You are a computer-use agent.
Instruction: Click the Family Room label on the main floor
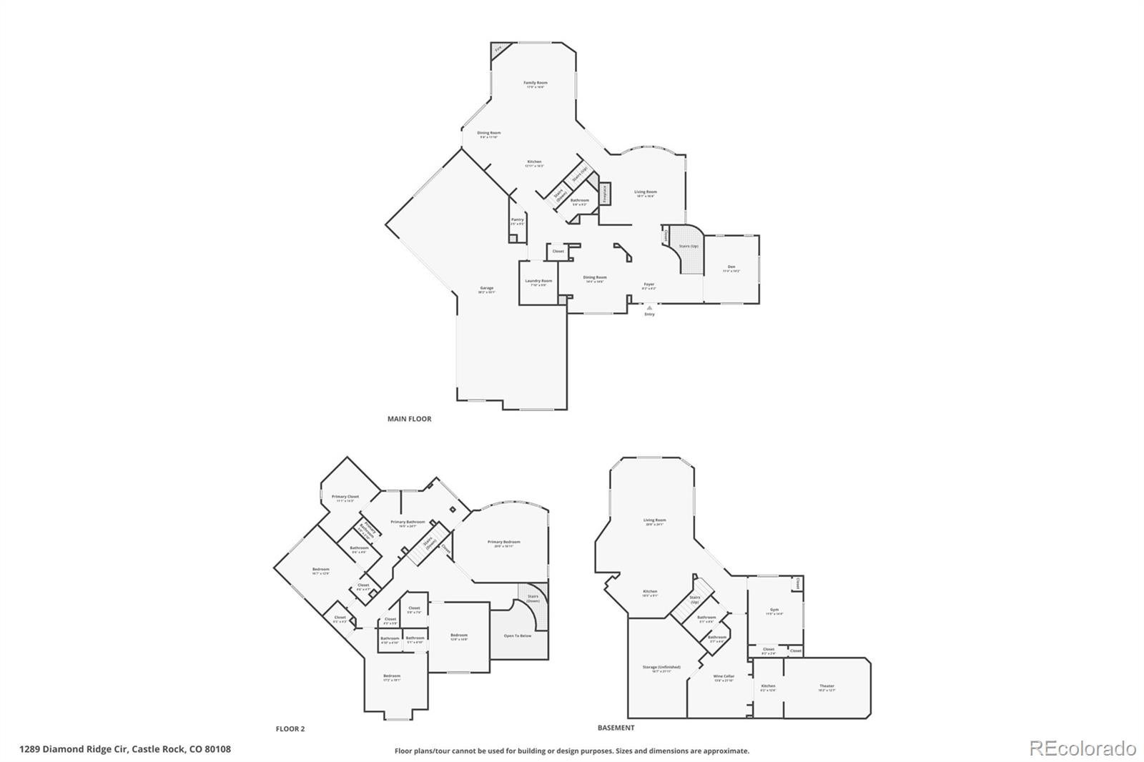(536, 84)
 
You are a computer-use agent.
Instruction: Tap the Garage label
(486, 289)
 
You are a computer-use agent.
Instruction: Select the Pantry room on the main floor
(518, 221)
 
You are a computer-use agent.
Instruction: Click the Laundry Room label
(538, 282)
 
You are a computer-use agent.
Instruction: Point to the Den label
(731, 268)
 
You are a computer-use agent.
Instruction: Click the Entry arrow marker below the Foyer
(649, 308)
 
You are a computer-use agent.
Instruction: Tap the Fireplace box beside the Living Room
(604, 194)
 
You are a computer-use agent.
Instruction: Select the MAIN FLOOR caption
(409, 419)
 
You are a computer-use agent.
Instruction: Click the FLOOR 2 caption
(290, 729)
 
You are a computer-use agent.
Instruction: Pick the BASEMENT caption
(616, 728)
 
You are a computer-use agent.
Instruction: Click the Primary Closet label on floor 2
(345, 497)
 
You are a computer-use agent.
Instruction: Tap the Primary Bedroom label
(504, 543)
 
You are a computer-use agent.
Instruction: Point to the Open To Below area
(518, 635)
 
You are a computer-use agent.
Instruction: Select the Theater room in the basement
(827, 687)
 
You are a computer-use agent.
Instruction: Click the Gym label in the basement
(774, 611)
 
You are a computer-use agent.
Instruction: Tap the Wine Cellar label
(724, 676)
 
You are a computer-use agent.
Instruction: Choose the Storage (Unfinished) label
(661, 668)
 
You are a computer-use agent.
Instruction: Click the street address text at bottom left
(125, 749)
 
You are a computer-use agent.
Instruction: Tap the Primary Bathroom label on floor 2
(408, 523)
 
